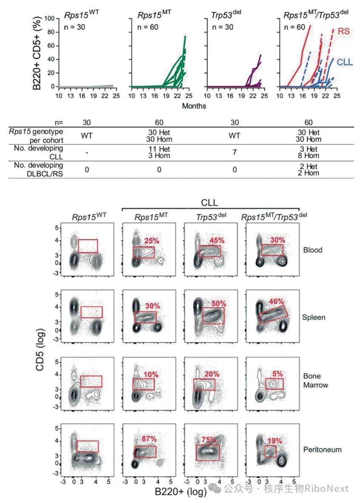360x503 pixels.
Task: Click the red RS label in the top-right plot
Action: [x=343, y=31]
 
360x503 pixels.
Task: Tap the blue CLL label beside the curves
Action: [x=345, y=62]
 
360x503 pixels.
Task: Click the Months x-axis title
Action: [x=194, y=106]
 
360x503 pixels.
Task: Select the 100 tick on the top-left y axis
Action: [x=49, y=18]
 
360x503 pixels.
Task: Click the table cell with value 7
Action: [x=235, y=152]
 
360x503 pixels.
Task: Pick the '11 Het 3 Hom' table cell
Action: [x=159, y=152]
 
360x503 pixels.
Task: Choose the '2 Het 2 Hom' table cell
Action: [x=309, y=169]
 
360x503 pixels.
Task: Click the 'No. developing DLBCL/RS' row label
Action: [x=38, y=169]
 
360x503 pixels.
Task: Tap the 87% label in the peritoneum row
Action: [x=149, y=439]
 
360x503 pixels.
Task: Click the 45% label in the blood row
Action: [x=217, y=240]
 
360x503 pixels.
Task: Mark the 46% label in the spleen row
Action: [x=276, y=302]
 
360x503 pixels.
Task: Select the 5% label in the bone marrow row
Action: [x=278, y=374]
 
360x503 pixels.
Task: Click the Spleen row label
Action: [x=313, y=317]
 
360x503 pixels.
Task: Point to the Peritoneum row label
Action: [x=322, y=450]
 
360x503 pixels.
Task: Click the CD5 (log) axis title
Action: [x=39, y=350]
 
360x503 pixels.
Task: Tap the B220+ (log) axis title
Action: [x=180, y=492]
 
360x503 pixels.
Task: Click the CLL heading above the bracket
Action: [x=209, y=202]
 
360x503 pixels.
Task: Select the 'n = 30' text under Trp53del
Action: [x=222, y=27]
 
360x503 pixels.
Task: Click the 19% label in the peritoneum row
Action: [x=275, y=441]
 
